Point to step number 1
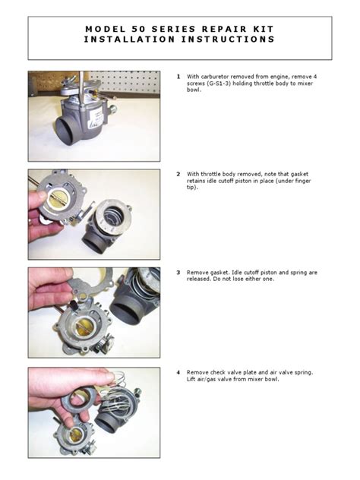tap(178, 77)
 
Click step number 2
tap(178, 174)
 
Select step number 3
tap(178, 272)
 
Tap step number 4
tap(178, 373)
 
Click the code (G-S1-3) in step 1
tap(219, 84)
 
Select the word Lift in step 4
tap(194, 381)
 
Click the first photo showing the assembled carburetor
tap(94, 116)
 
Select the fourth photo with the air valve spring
tap(94, 412)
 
